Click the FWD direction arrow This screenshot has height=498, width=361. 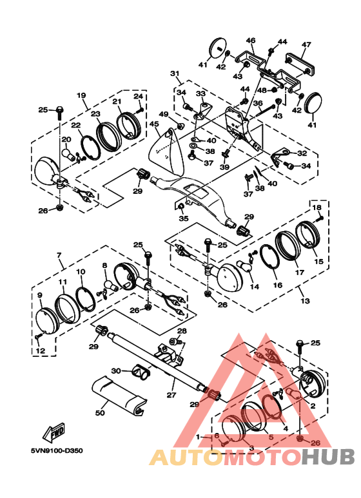coord(54,433)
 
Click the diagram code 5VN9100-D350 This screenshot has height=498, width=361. coord(57,451)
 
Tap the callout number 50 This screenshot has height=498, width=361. coord(100,412)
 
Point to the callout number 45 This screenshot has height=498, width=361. coord(154,124)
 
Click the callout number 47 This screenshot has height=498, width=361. coord(306,44)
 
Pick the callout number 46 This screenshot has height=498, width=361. coord(251,41)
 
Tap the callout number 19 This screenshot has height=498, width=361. coord(81,95)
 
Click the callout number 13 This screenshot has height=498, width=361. coord(305,300)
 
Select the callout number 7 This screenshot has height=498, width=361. coord(59,254)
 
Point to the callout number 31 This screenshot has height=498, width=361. coord(175,73)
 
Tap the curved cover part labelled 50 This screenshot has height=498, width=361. coord(119,394)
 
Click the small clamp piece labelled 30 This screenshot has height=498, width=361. coord(141,371)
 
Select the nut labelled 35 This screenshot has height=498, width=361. coord(180,207)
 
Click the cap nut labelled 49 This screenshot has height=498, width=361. coord(180,126)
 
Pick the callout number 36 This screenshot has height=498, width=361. coord(258,103)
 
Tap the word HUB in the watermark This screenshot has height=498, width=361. coord(328,456)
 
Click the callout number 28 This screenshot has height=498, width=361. coord(182,331)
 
